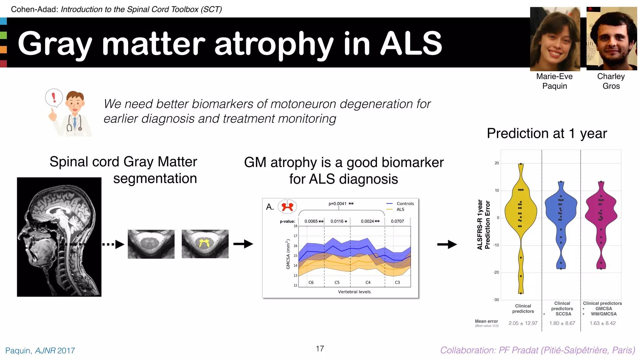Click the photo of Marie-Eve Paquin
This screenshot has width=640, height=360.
[555, 39]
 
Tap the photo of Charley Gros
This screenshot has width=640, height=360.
[612, 39]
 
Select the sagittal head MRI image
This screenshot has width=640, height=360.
[59, 237]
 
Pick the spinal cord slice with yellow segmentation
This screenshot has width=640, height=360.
[205, 244]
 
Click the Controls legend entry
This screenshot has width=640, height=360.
[405, 203]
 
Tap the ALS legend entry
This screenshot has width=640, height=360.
[400, 209]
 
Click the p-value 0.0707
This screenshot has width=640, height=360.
[397, 221]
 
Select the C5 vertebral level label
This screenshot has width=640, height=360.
[337, 282]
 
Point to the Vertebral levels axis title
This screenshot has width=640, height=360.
[354, 292]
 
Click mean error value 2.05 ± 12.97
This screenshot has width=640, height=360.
[523, 323]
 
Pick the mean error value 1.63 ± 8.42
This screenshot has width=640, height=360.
[602, 323]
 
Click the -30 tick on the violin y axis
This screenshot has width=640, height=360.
[496, 300]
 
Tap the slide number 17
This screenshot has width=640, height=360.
[320, 348]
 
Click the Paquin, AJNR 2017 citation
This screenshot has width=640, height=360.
[40, 351]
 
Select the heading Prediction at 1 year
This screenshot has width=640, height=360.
[547, 133]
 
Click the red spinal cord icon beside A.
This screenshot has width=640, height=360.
[287, 207]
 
